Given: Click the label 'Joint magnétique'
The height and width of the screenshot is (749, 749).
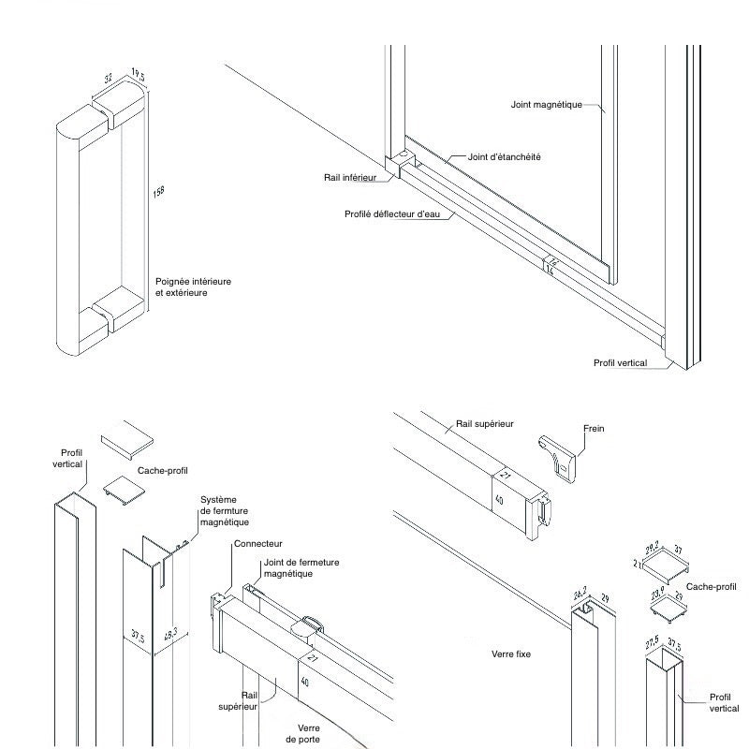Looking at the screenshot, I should click(547, 105).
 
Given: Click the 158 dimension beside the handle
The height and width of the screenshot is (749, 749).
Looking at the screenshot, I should click(159, 192).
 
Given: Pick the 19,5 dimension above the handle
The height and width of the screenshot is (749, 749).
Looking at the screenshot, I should click(138, 75).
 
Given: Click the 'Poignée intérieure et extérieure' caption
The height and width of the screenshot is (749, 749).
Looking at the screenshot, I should click(193, 286).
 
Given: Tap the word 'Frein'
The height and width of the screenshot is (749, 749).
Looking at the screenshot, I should click(594, 429).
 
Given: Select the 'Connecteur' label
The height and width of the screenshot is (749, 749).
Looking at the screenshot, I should click(258, 544).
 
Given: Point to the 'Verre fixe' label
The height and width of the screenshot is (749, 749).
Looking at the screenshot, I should click(510, 654).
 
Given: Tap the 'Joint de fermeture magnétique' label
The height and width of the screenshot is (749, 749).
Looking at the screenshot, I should click(301, 567).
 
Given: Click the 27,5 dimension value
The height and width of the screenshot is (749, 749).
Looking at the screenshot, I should click(653, 645).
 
